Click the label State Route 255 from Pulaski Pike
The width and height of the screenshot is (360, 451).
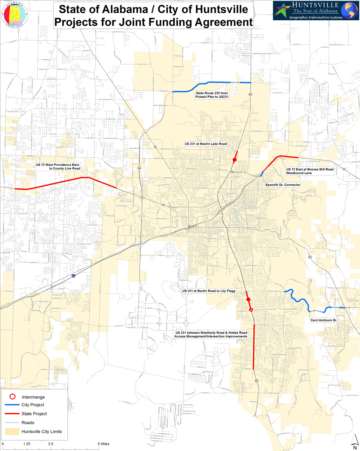tap(211, 95)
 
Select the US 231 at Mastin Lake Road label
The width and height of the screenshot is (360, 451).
tap(206, 144)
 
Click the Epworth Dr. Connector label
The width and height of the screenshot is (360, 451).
tap(283, 185)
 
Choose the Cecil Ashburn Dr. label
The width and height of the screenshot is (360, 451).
tap(323, 320)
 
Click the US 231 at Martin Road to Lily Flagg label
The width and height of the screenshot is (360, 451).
tap(208, 291)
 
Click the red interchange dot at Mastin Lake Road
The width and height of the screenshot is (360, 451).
tap(234, 160)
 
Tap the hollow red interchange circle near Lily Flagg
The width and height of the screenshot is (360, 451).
tap(251, 310)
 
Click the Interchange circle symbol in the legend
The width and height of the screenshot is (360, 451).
tap(13, 397)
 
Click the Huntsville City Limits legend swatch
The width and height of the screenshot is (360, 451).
tap(13, 432)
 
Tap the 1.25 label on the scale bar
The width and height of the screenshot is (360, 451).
tap(26, 444)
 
